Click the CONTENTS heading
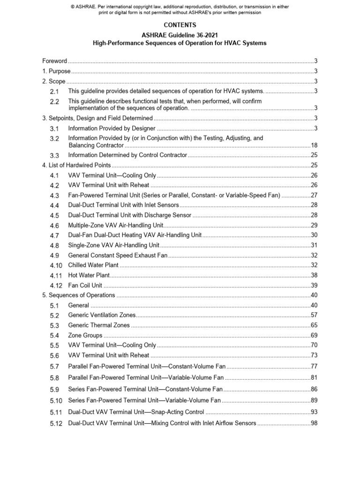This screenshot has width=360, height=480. click(180, 25)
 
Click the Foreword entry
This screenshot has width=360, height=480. click(55, 61)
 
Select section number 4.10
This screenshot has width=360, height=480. click(56, 265)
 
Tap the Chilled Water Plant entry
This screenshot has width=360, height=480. click(93, 265)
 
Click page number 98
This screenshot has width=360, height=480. click(314, 423)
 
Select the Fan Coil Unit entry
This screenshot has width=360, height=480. click(85, 285)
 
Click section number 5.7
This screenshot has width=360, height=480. click(54, 366)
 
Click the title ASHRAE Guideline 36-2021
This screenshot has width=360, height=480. click(180, 35)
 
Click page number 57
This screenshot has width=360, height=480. click(314, 315)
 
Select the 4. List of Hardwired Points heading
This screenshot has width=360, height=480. click(76, 165)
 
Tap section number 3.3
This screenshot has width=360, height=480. click(54, 155)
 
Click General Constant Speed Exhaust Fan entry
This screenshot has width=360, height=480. click(118, 255)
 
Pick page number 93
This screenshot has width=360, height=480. click(314, 412)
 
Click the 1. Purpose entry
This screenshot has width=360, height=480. click(56, 71)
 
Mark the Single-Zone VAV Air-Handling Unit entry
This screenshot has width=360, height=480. click(114, 245)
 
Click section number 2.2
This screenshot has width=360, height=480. click(54, 102)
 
